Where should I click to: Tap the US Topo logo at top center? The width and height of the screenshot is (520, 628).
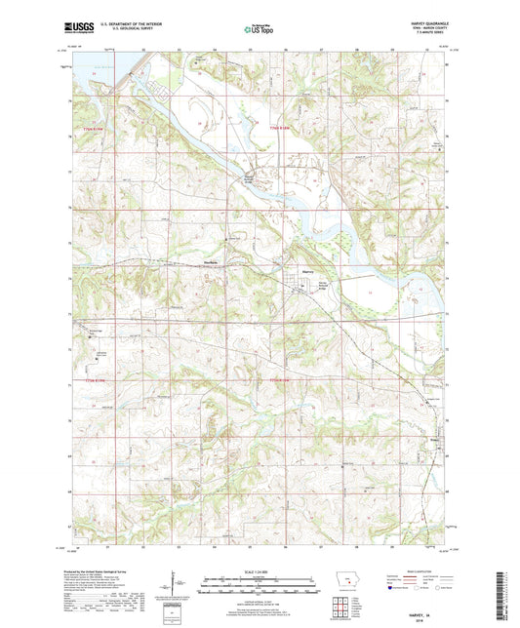tap(259, 30)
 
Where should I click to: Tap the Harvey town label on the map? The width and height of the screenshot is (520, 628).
tap(306, 272)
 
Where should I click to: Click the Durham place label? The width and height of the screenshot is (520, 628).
tap(209, 270)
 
